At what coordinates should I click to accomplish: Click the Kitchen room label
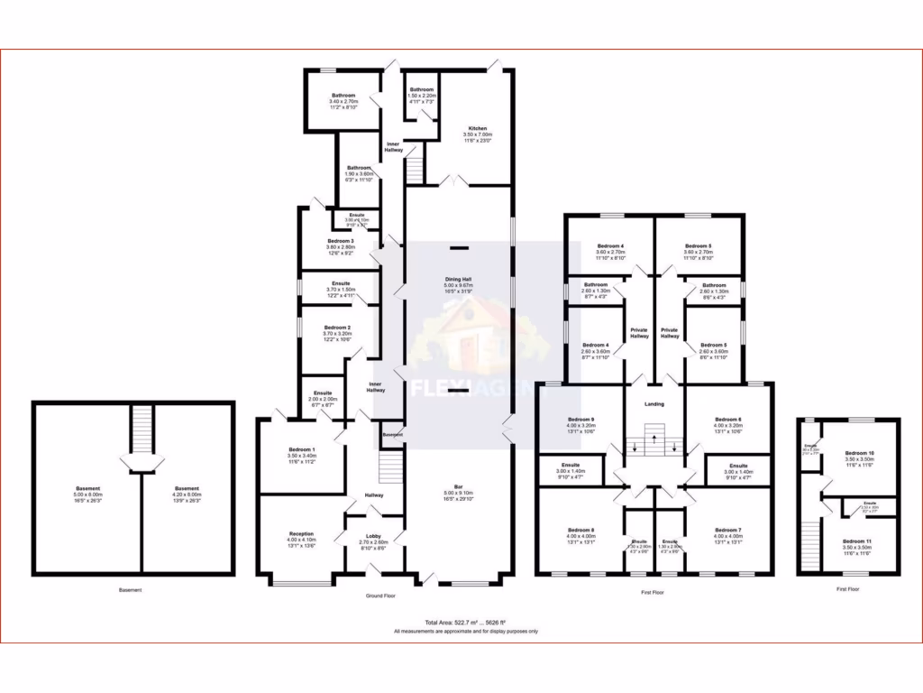click(x=477, y=128)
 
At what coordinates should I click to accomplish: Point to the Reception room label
click(x=301, y=533)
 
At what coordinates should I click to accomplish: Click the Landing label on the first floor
click(x=654, y=403)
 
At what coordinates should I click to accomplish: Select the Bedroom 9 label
click(x=580, y=420)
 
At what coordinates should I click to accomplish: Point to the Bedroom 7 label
click(x=727, y=530)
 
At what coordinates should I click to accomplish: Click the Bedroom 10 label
click(x=859, y=453)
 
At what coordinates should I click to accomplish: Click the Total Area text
click(x=465, y=623)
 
